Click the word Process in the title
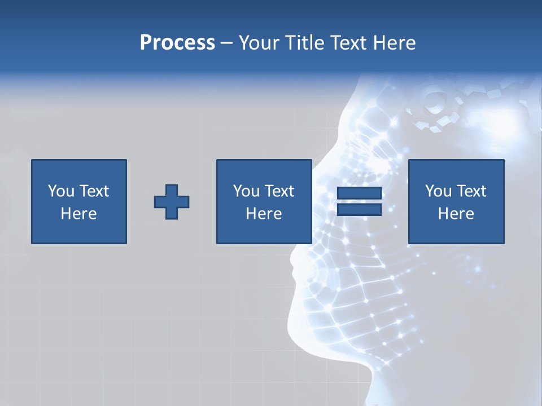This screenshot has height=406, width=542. (x=177, y=43)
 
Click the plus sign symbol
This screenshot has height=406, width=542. (x=172, y=202)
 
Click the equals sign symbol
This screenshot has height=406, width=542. (x=359, y=202)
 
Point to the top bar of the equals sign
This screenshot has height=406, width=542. (x=359, y=193)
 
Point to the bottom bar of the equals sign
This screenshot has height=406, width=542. (x=359, y=210)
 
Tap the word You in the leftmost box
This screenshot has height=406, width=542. (x=61, y=191)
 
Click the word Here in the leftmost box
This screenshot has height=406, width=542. (x=79, y=214)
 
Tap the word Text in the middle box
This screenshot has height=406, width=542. (x=279, y=191)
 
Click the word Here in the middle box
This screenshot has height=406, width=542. (x=264, y=214)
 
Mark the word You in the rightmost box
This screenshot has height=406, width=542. (x=438, y=191)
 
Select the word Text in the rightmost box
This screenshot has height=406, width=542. (x=471, y=191)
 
